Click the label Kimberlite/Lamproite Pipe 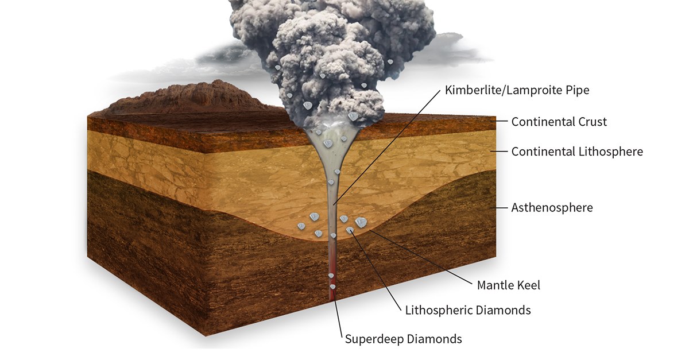[517, 90]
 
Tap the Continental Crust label [559, 122]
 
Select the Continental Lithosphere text [577, 152]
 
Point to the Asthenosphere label [552, 208]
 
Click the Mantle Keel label [509, 285]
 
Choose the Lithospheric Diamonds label [468, 310]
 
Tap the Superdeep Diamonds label [403, 339]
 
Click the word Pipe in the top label [578, 91]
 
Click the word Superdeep [374, 339]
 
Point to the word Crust [592, 122]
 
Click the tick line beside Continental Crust [499, 121]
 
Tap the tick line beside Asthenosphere [499, 208]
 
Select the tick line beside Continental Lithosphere [499, 152]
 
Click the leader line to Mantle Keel [420, 257]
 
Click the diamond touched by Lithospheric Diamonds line [350, 230]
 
